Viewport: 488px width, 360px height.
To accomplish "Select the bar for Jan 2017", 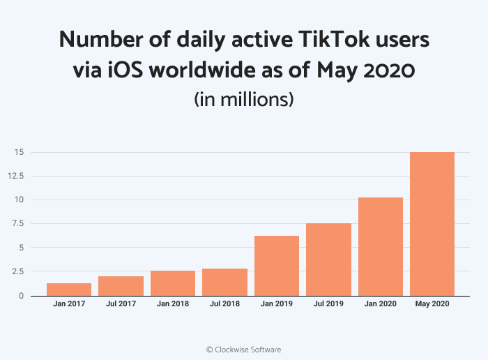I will [x=69, y=289].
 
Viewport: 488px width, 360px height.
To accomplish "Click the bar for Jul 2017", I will [x=121, y=285].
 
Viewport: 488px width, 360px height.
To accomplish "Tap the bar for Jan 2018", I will [x=173, y=283].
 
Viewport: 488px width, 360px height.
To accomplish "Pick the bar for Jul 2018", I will [x=224, y=282].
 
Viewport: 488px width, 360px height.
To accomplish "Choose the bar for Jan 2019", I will [x=277, y=265].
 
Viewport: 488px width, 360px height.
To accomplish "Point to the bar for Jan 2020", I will [x=381, y=246].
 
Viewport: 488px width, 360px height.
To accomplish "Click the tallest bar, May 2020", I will [x=432, y=223].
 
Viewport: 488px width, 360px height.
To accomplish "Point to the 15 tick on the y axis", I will [x=20, y=152].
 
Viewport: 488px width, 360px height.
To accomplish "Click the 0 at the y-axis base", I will [x=22, y=296].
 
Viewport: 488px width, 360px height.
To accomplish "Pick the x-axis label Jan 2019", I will [x=277, y=305].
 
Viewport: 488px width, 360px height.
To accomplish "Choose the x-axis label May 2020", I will [x=432, y=305].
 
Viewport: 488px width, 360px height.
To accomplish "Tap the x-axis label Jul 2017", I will [x=121, y=305].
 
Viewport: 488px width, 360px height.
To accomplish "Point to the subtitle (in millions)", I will [x=243, y=99].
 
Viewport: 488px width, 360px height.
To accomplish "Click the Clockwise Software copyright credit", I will [x=243, y=349].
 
